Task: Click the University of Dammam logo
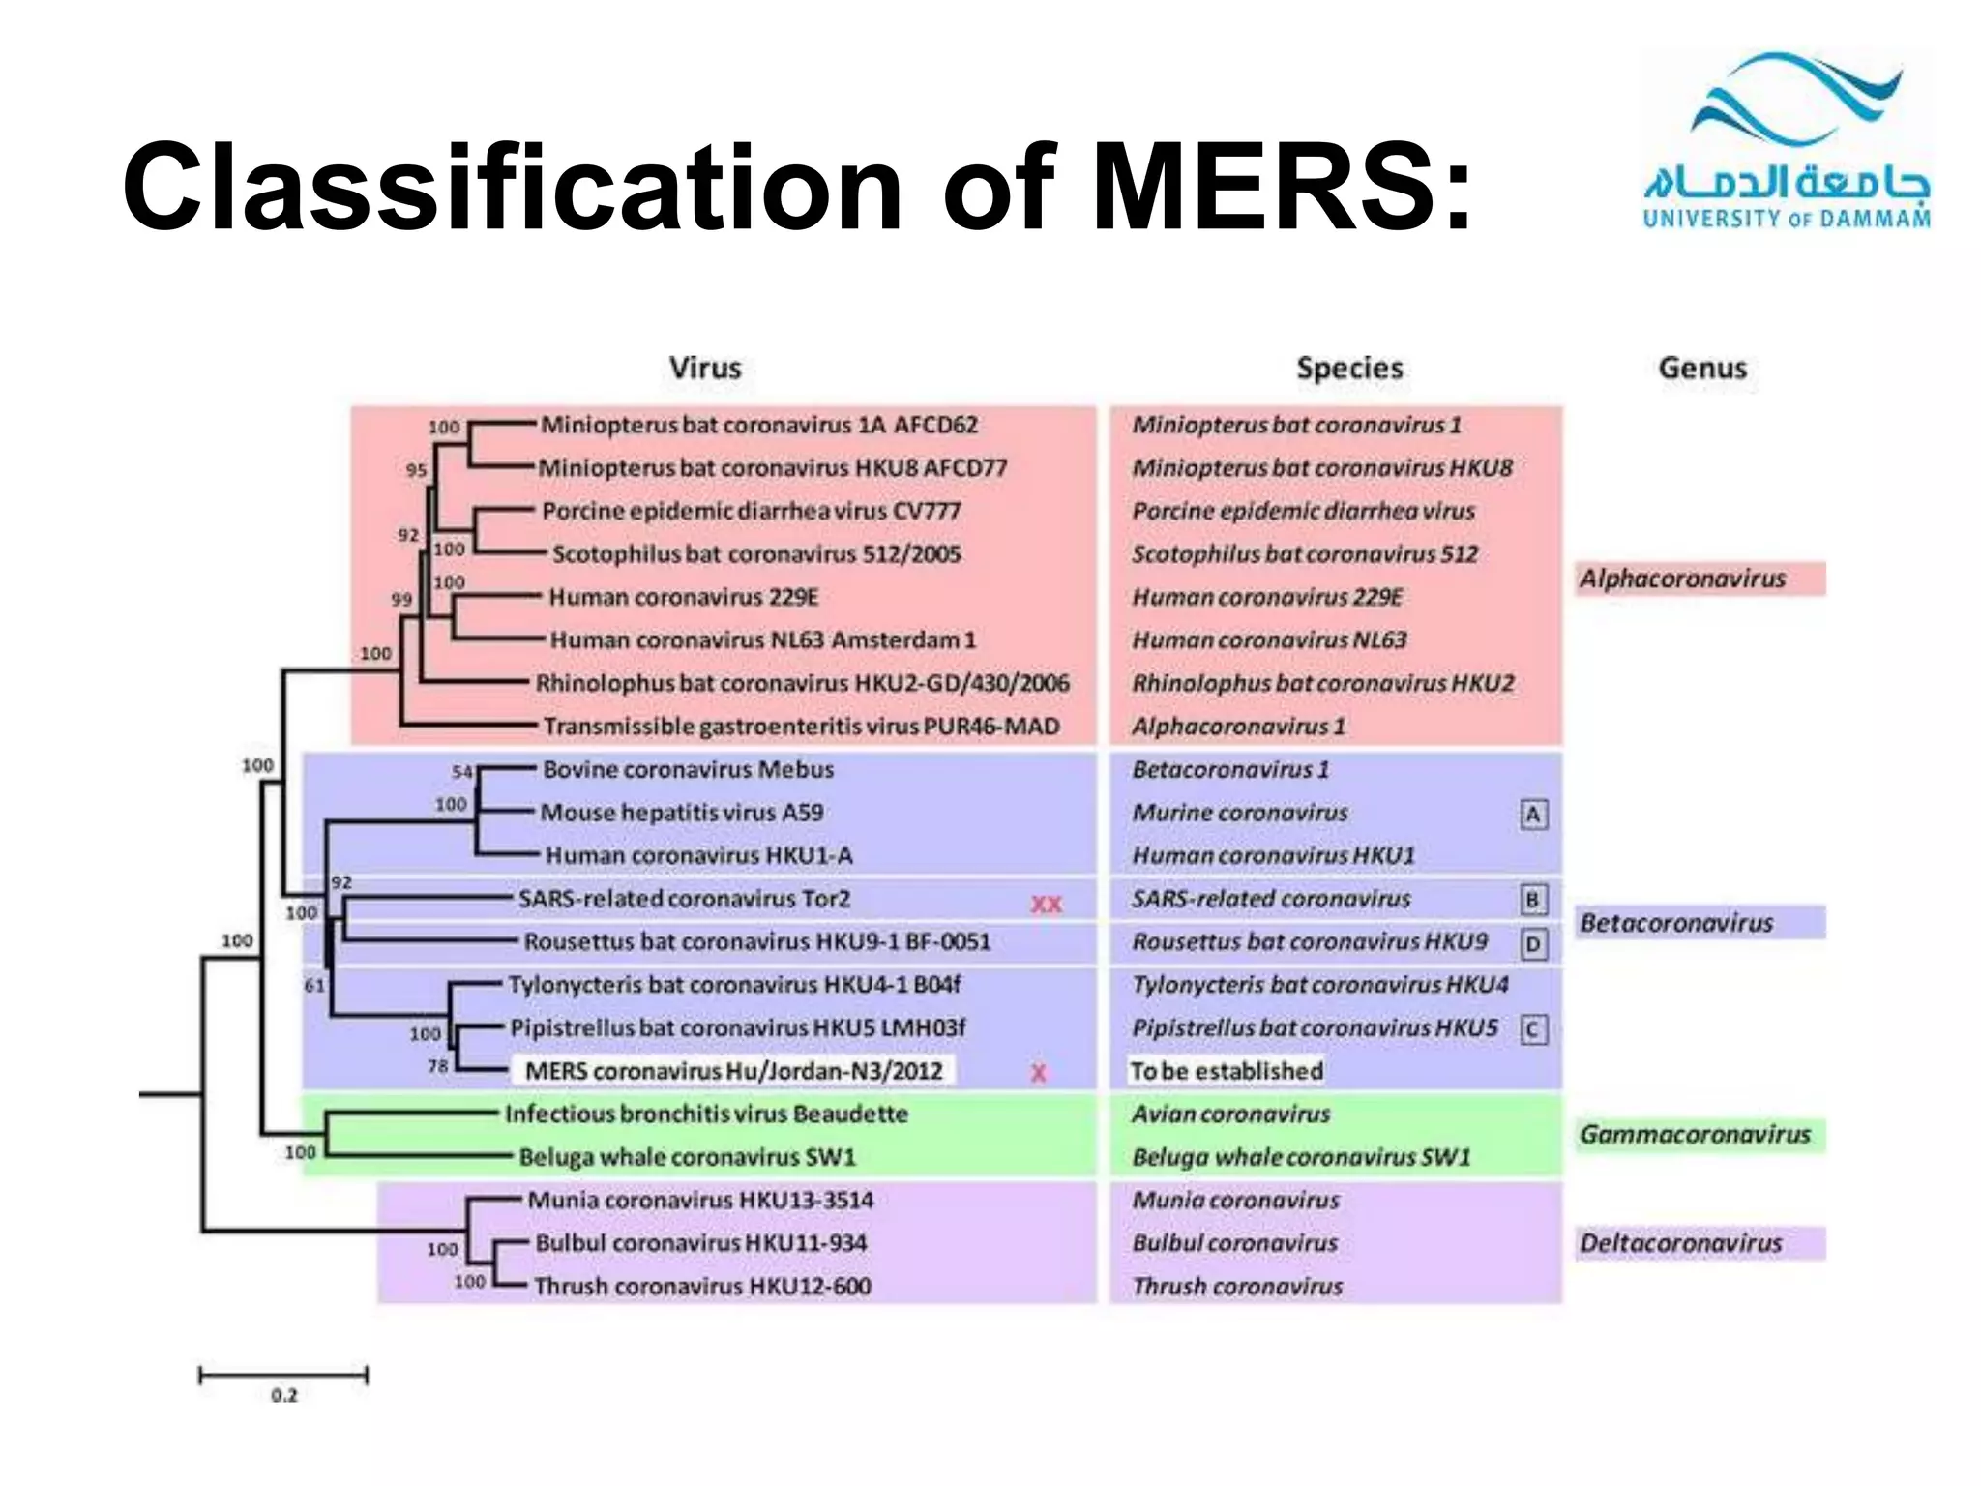click(1787, 140)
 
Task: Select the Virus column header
click(705, 368)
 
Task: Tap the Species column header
click(1349, 368)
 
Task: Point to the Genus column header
click(1702, 368)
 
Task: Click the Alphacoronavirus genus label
click(1683, 579)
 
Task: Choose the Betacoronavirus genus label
click(1676, 923)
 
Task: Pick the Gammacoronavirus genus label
click(1695, 1134)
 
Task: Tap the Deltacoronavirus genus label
click(1681, 1243)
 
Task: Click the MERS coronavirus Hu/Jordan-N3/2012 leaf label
click(733, 1071)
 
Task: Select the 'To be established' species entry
click(1227, 1071)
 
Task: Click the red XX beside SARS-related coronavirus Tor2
click(1046, 905)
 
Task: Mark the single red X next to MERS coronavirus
click(1038, 1073)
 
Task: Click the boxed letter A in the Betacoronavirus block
click(1533, 816)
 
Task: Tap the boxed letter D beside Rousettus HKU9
click(1533, 944)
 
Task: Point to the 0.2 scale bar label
click(284, 1395)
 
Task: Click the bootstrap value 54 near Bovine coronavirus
click(462, 772)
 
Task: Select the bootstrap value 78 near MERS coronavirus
click(438, 1066)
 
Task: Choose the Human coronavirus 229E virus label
click(683, 597)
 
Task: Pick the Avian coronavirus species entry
click(1231, 1114)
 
